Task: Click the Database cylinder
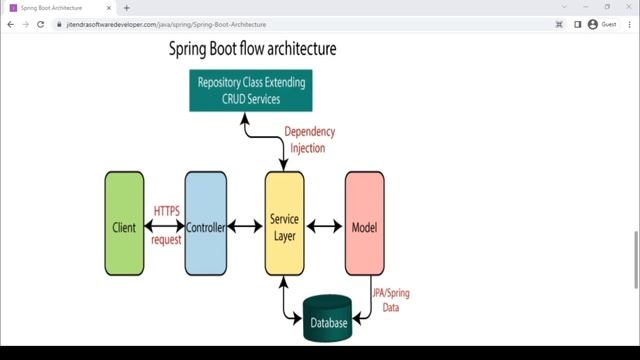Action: [329, 321]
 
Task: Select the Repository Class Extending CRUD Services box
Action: [251, 90]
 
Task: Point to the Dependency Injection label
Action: [309, 140]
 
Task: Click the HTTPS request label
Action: [166, 225]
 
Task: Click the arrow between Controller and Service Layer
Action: [245, 227]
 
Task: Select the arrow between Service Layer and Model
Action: [324, 227]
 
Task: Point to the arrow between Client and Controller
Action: [165, 227]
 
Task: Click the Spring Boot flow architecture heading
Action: [251, 48]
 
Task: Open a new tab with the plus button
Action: [126, 7]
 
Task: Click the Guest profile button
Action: [602, 23]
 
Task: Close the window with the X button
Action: [627, 7]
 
